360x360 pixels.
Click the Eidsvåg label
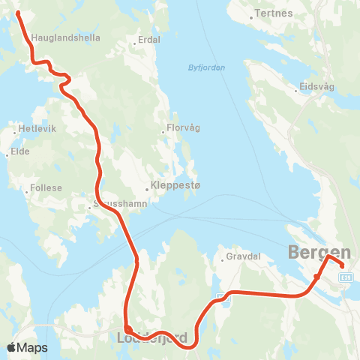pos(316,86)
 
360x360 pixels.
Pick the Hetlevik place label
pos(37,129)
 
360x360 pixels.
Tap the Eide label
pos(20,151)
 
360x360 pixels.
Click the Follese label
pos(46,188)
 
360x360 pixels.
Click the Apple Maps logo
pos(27,347)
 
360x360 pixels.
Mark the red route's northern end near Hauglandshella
pos(18,13)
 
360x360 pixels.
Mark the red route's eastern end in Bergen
pos(343,265)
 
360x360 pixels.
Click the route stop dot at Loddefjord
pos(128,328)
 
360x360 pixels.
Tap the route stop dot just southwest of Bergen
pos(317,277)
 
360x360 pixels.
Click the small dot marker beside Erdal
pos(134,43)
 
